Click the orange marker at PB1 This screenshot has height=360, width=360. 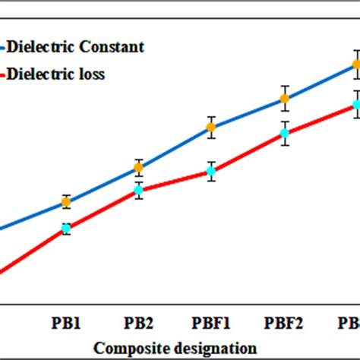click(66, 201)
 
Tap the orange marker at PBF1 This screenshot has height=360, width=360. click(211, 127)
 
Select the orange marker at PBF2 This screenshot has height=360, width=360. click(284, 98)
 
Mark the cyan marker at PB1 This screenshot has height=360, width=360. click(66, 228)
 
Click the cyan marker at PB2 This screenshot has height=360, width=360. click(138, 190)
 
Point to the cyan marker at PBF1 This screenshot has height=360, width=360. click(211, 172)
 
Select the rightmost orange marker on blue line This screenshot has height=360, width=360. click(355, 65)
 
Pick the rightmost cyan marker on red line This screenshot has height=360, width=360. click(355, 106)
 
